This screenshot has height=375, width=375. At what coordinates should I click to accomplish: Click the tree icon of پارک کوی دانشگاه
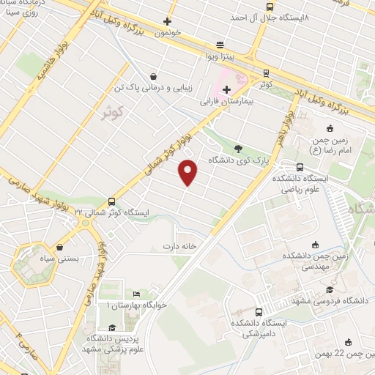click(x=237, y=147)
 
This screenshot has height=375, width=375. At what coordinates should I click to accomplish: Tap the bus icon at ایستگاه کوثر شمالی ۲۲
click(x=111, y=201)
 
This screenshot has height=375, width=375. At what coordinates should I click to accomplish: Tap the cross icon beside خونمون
click(x=167, y=21)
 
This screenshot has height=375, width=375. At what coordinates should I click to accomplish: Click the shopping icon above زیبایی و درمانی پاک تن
click(x=152, y=75)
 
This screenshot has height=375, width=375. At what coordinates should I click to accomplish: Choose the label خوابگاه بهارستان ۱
click(x=137, y=304)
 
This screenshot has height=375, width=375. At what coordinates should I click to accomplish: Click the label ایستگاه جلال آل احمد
click(x=270, y=16)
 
